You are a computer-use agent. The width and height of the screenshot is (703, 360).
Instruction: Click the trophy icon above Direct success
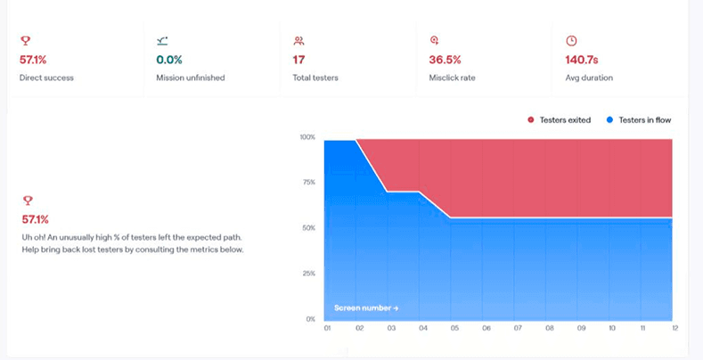coord(25,41)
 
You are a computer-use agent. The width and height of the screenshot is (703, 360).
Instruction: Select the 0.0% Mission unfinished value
coord(169,60)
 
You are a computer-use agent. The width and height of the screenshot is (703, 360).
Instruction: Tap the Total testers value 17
coord(299,60)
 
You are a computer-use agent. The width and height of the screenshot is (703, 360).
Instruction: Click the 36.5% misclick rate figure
coord(446,60)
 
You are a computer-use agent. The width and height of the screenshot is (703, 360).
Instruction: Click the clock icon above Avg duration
coord(571,41)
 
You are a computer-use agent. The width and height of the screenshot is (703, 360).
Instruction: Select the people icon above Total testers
coord(298,41)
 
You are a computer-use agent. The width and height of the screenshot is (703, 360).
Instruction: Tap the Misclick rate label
coord(452,78)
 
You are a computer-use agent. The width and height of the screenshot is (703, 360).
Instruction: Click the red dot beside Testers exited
coord(530,119)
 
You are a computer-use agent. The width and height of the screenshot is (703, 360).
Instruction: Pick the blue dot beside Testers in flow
coord(609,119)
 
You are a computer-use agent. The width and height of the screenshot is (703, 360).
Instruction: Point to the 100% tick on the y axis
coord(307,137)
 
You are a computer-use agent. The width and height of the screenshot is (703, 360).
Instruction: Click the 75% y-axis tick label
coord(308,183)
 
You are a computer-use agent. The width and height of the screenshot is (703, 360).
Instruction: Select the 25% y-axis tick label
coord(308,273)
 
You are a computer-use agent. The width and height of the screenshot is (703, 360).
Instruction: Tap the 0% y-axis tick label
coord(310,318)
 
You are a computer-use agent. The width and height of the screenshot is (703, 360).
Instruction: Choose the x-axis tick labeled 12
coord(675,329)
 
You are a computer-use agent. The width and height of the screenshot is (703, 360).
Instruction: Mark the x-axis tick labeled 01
coord(326,329)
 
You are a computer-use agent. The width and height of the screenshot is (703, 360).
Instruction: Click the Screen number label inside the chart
coord(366,308)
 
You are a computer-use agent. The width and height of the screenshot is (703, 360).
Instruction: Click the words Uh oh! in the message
coord(34,237)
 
